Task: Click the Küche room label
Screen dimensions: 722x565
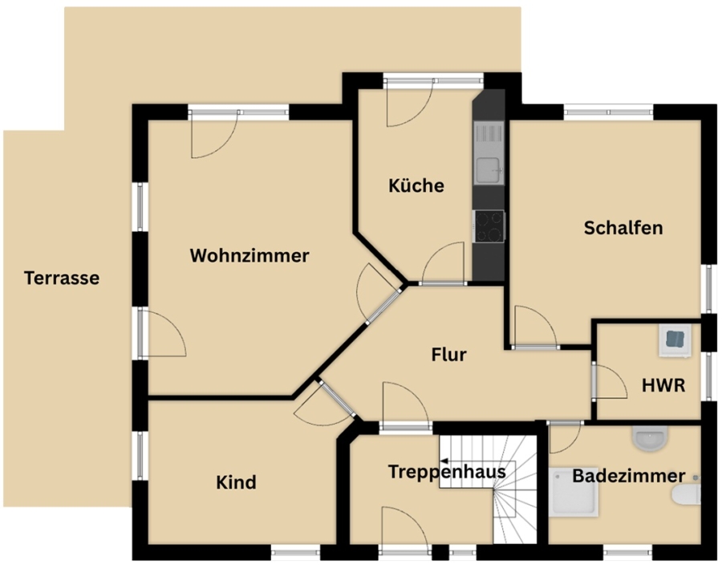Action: pos(416,185)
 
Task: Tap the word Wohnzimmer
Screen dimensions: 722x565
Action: pos(249,255)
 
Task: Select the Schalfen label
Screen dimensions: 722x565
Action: pos(623,227)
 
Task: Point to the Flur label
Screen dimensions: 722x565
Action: pos(449,354)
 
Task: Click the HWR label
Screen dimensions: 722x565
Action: pos(663,385)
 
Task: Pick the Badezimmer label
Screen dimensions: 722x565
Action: pos(628,476)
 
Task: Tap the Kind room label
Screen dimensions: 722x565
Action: pos(236,482)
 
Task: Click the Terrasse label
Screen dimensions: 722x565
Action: pos(62,278)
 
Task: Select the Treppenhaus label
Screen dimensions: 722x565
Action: pos(447,472)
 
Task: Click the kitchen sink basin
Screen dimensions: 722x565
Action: pos(488,170)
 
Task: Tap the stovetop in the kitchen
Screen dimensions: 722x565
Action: pos(489,226)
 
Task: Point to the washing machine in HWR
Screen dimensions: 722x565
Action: pos(675,339)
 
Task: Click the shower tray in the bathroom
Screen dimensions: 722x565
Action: pos(574,492)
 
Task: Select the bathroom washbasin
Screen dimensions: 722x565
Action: pos(650,438)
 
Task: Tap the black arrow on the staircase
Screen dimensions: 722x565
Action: pos(444,461)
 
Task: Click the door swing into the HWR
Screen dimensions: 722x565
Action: pos(610,381)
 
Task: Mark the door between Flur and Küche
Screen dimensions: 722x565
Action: pos(443,262)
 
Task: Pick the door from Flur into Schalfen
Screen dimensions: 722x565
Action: pos(536,326)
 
